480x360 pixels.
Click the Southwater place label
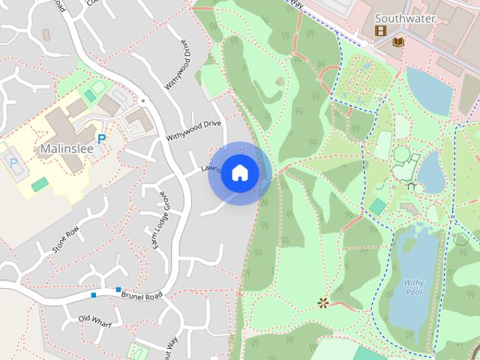pos(405,18)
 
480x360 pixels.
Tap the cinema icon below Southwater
pos(381,31)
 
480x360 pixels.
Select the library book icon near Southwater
pos(398,42)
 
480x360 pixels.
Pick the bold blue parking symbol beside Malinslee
pos(101,139)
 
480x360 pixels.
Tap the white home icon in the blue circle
pos(239,173)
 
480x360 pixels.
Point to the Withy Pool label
pos(414,287)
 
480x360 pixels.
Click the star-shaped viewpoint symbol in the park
pos(323,303)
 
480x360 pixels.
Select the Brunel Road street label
pos(141,295)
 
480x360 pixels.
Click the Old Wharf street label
pos(94,319)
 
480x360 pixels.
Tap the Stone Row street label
pos(66,239)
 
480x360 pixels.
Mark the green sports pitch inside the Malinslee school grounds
pos(40,184)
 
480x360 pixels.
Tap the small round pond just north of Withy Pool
pos(432,172)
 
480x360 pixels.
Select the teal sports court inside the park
pos(378,206)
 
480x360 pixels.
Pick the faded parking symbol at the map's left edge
pos(13,160)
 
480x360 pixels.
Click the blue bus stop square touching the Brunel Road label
pos(118,289)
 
